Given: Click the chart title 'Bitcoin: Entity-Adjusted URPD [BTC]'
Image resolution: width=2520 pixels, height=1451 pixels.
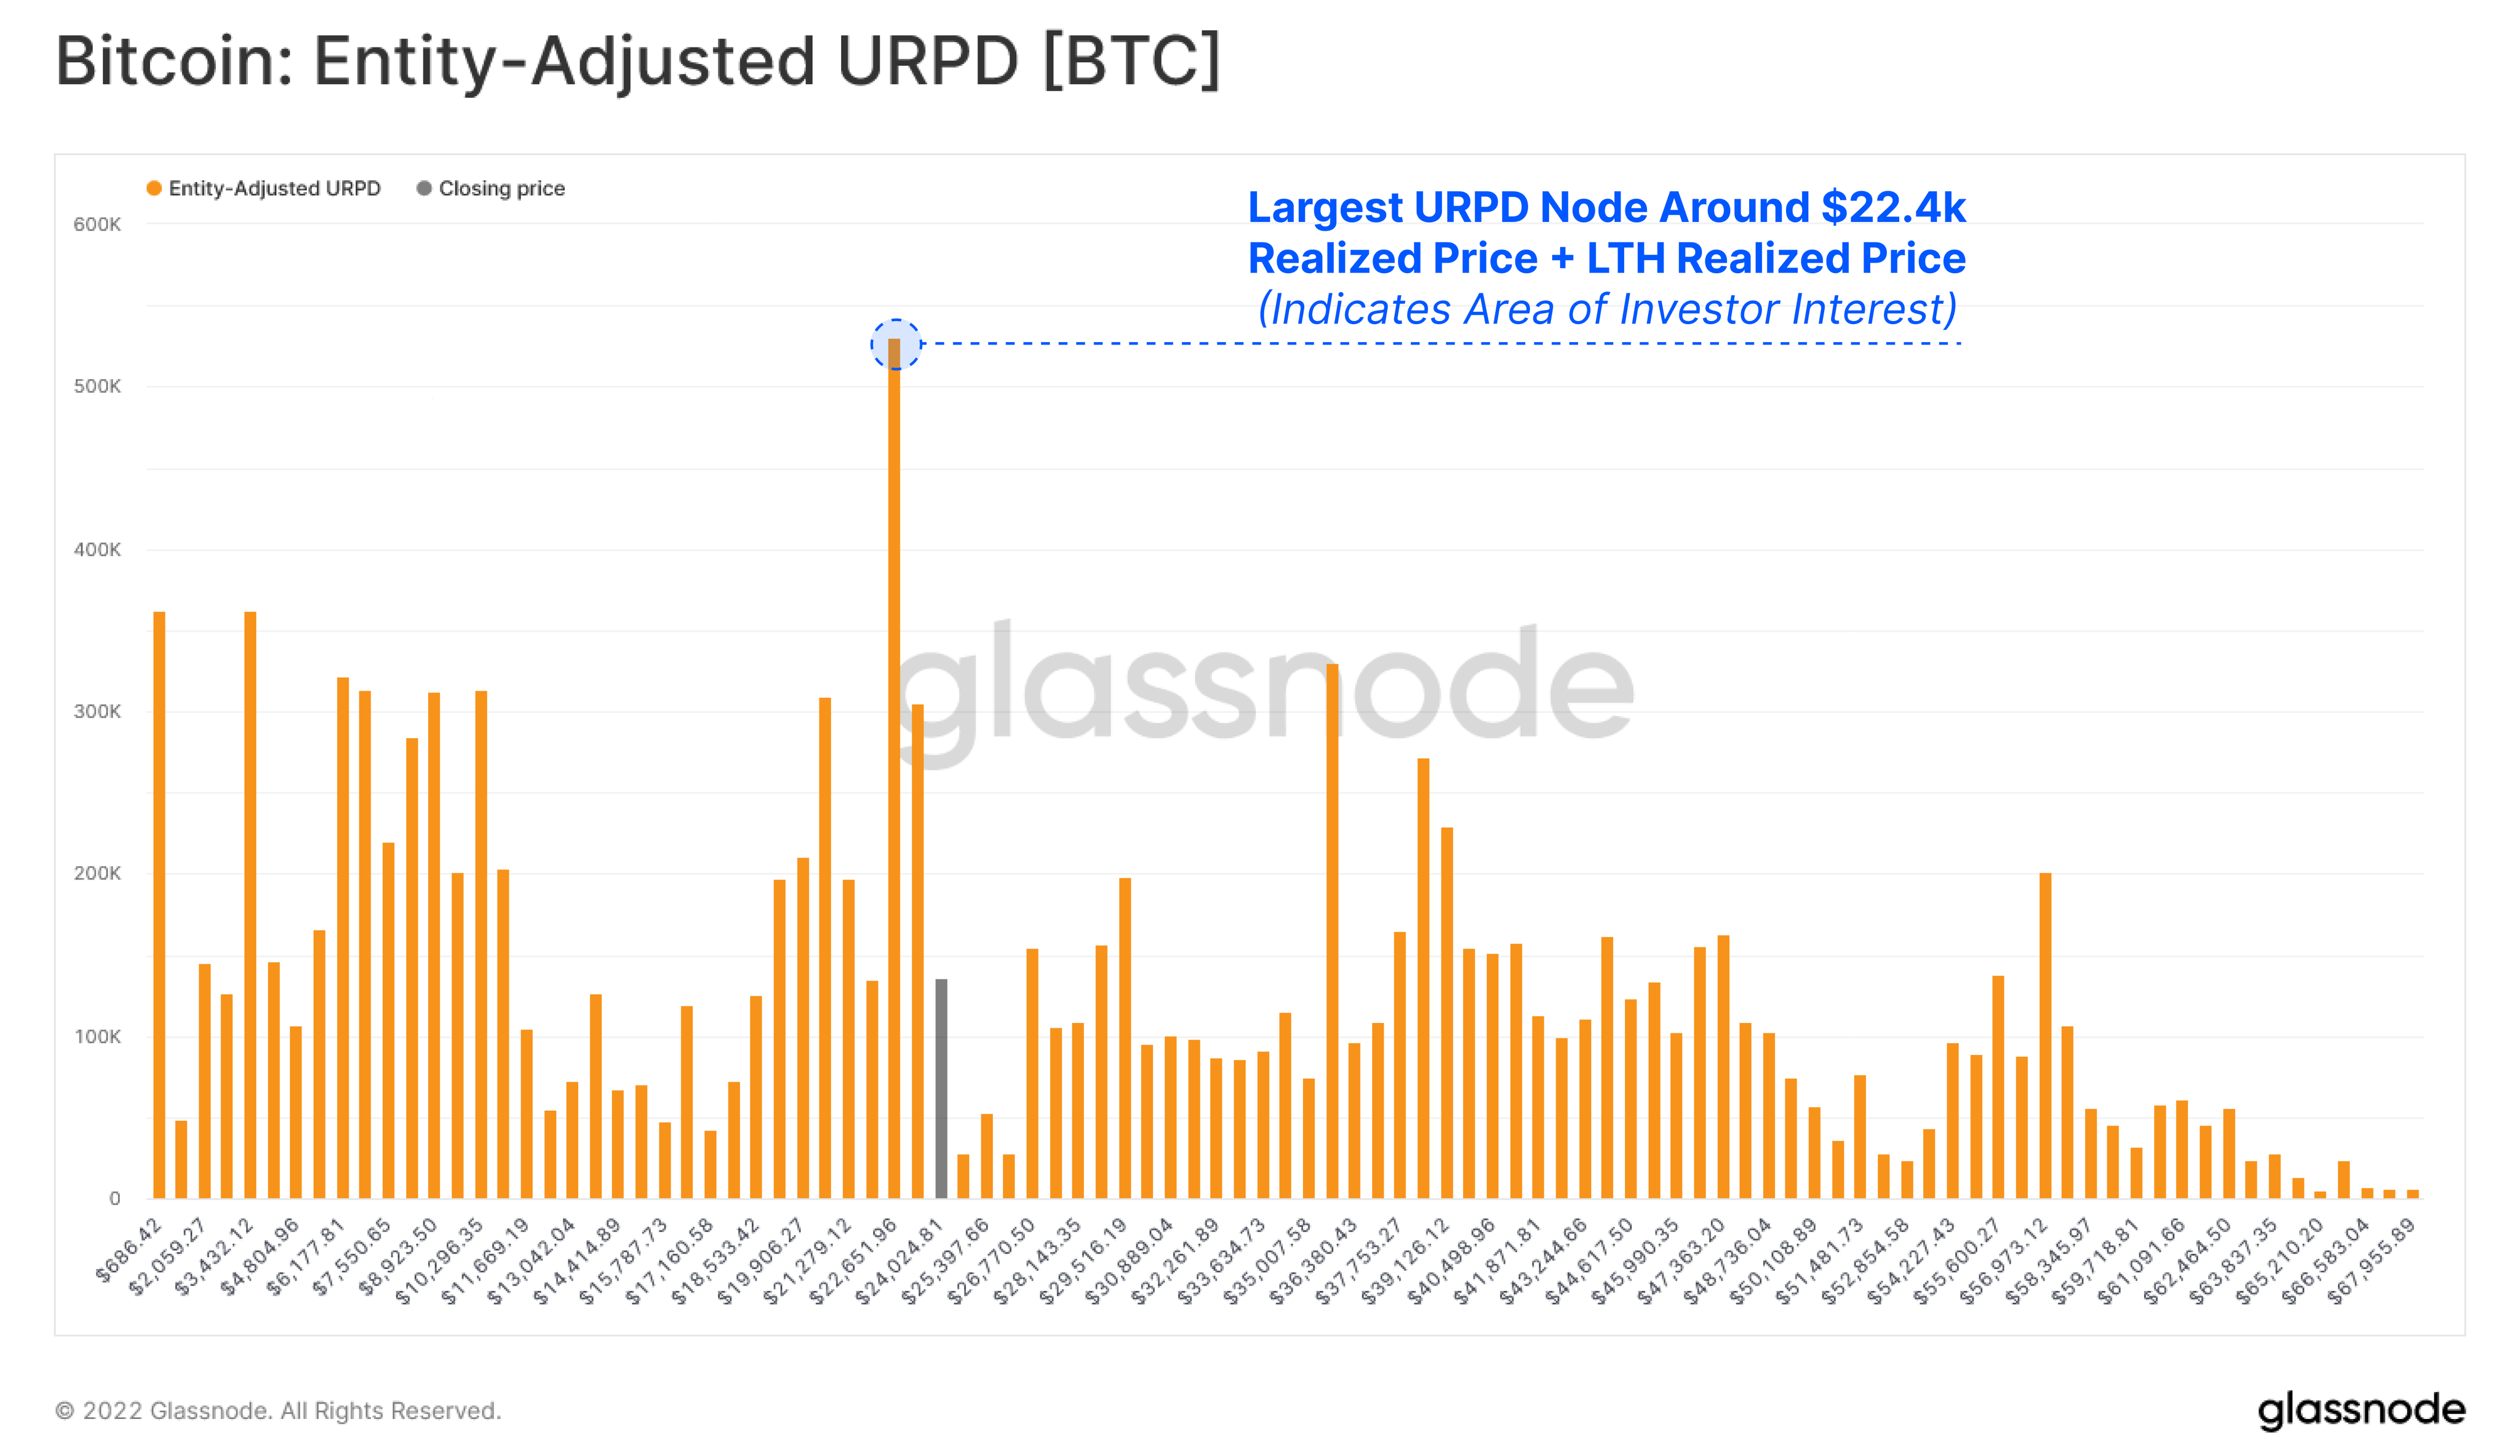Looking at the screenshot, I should tap(638, 62).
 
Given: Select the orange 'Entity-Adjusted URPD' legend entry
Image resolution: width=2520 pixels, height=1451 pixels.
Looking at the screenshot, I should tap(264, 188).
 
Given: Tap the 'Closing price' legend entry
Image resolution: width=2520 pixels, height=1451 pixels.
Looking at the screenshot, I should tap(492, 188).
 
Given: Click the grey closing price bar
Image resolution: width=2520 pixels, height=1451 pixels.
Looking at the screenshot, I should tap(941, 1088).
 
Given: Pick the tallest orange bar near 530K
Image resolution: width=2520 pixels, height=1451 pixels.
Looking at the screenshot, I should tap(894, 768).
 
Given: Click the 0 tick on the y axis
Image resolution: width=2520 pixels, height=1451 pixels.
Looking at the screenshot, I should tap(114, 1199).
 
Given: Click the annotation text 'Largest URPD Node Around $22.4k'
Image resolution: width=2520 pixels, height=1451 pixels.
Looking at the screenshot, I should tap(1606, 207).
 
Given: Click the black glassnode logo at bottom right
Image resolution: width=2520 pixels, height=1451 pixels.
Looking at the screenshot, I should tap(2361, 1410).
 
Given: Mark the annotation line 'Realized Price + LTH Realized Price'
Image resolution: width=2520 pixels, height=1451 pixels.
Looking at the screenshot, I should tap(1606, 258).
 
